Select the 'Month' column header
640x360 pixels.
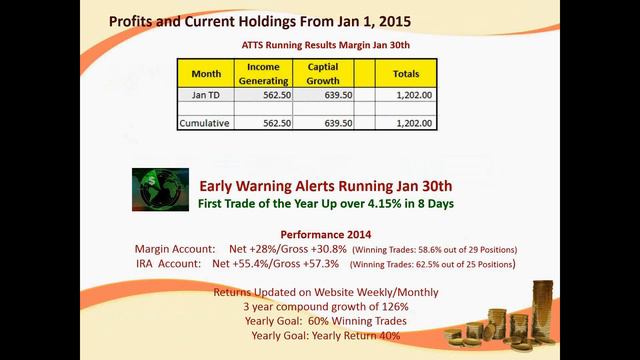205,73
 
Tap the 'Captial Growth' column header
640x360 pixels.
321,73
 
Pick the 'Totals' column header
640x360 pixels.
406,73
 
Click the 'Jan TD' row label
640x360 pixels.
205,94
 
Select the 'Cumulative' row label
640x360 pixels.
205,123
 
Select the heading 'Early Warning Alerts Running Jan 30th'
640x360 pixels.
326,185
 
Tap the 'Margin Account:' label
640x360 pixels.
175,248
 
